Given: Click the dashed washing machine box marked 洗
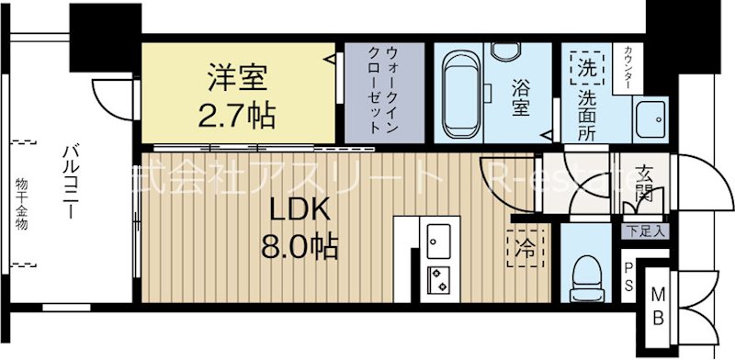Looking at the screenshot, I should pyautogui.click(x=585, y=67).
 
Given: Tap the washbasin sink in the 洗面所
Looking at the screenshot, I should pyautogui.click(x=653, y=118).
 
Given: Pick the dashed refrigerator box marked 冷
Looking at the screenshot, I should pyautogui.click(x=524, y=246).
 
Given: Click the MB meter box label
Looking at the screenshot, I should pyautogui.click(x=659, y=309).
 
